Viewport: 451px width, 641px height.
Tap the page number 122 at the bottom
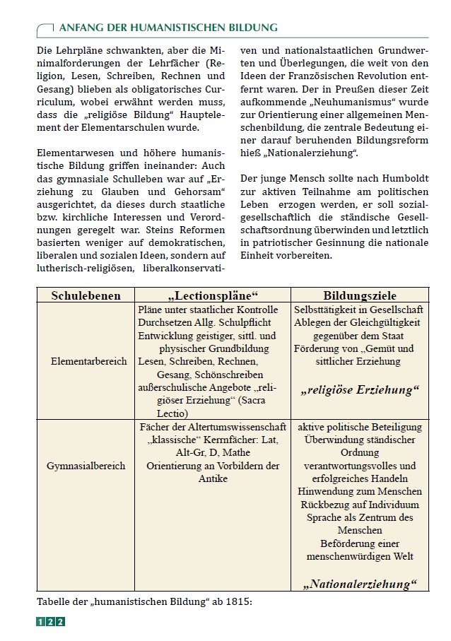(x=50, y=622)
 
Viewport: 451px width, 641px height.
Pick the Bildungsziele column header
(x=360, y=296)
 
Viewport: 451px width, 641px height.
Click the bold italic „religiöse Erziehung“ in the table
(x=360, y=389)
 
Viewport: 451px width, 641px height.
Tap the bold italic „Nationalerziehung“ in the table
(x=360, y=584)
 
